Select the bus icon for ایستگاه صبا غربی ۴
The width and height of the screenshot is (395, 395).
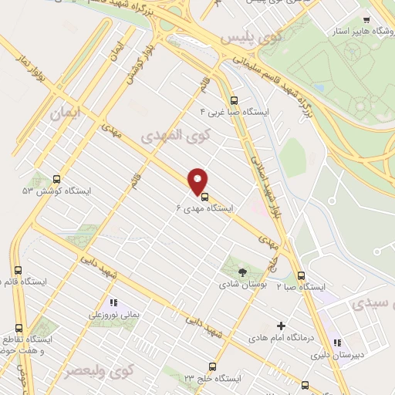pos(235,100)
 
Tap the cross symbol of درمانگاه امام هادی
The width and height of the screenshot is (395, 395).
pos(281,326)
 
